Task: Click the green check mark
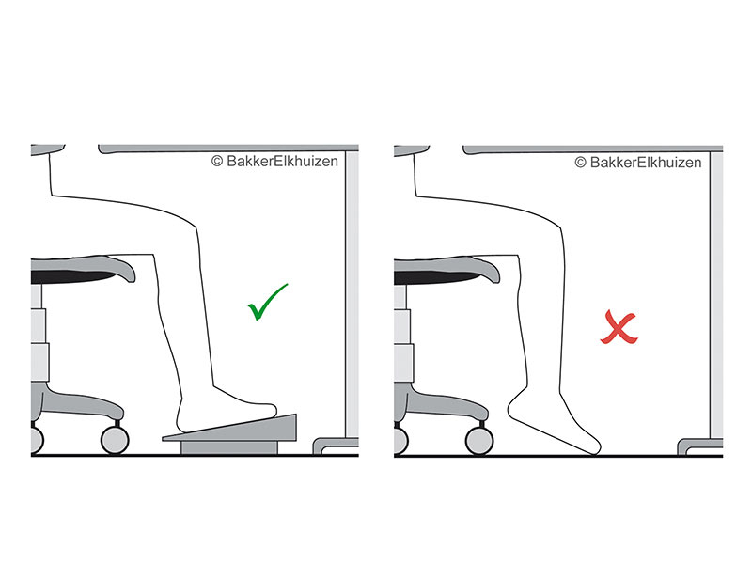coord(267,303)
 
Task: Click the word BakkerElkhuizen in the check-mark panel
coord(282,162)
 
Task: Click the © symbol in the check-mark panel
coord(217,162)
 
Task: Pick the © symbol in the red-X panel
coord(581,162)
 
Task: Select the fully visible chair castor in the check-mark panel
coord(114,439)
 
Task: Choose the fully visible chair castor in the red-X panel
coord(478,439)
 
